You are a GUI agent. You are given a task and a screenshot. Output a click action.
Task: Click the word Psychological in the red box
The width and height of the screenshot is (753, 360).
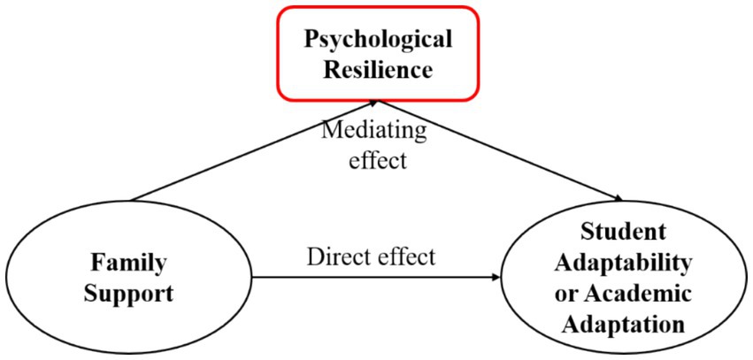378,39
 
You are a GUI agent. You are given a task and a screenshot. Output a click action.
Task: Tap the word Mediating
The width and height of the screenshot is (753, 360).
373,131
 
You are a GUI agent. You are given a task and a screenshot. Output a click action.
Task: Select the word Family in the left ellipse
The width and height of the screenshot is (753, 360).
129,263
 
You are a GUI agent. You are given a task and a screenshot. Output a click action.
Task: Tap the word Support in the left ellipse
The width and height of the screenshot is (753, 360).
129,294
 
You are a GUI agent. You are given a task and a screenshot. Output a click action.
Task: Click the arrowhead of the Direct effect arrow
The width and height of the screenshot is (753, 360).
496,277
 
